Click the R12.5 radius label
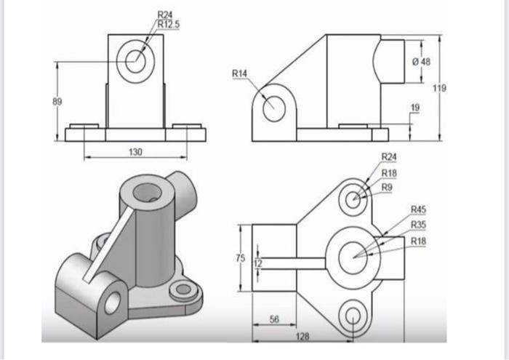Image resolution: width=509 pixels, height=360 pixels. tap(169, 24)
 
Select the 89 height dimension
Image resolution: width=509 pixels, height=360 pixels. tap(57, 102)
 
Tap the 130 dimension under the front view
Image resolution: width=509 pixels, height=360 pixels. tap(135, 152)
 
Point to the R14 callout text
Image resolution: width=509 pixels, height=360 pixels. tap(239, 73)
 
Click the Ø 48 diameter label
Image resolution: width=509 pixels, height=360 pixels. tap(421, 62)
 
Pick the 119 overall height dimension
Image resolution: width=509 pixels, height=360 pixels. tap(439, 88)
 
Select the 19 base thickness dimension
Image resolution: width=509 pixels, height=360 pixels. tap(415, 108)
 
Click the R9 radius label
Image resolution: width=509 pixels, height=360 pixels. tap(387, 188)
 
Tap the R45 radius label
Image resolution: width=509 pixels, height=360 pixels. tap(418, 209)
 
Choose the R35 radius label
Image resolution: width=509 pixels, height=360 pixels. tap(418, 225)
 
